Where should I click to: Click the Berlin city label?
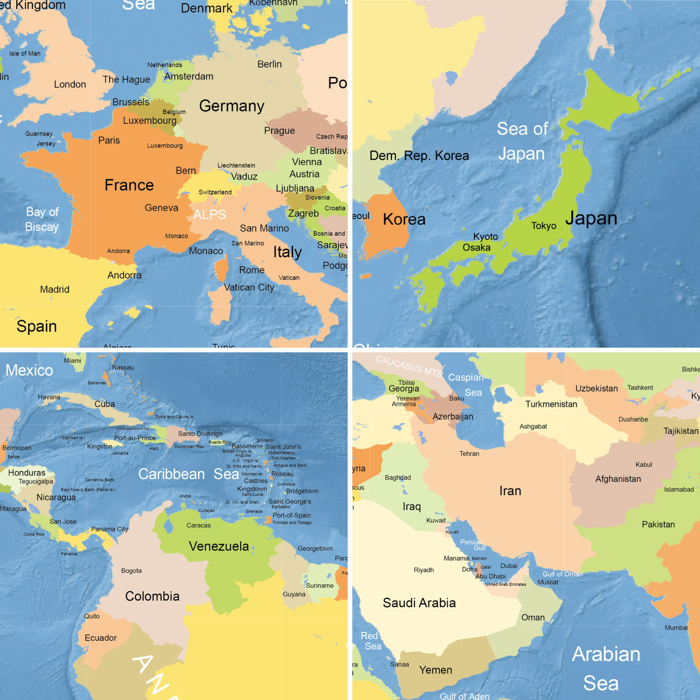(269, 64)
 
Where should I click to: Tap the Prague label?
(279, 131)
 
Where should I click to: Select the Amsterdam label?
(189, 77)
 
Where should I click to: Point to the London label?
(70, 84)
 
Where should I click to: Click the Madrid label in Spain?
(55, 290)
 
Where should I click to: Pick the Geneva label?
(161, 208)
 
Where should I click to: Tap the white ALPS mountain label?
(210, 215)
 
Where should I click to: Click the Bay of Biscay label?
(42, 219)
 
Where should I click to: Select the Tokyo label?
(544, 226)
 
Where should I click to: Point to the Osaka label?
(476, 248)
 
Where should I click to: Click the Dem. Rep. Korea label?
(419, 156)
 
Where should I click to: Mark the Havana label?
(49, 397)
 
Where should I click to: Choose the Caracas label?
(198, 525)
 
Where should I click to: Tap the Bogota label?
(131, 571)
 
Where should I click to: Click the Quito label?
(92, 616)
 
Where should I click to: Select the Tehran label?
(469, 454)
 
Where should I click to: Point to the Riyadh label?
(424, 570)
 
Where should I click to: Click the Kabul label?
(644, 465)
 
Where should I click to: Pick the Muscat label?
(548, 582)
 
